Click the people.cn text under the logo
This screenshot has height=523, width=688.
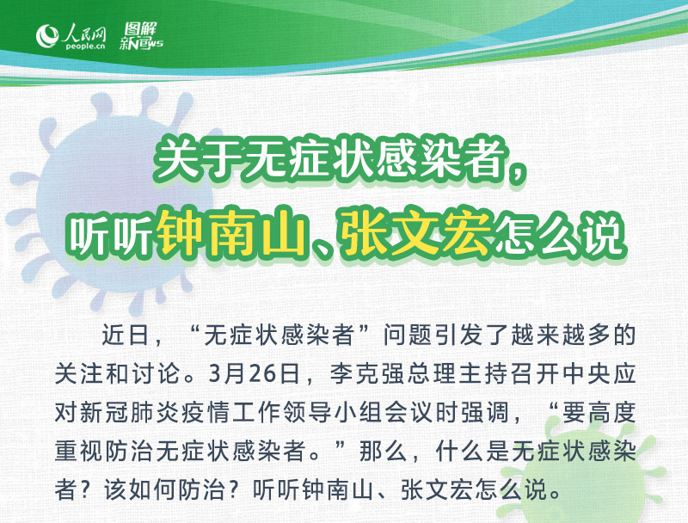pos(85,46)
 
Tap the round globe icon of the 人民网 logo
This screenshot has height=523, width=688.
pos(47,35)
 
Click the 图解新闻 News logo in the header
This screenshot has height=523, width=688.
pos(141,36)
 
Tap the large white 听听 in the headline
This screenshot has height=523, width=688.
pos(112,235)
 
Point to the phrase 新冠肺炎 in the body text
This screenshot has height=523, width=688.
pos(130,413)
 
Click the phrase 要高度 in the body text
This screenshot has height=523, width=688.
pos(599,413)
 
